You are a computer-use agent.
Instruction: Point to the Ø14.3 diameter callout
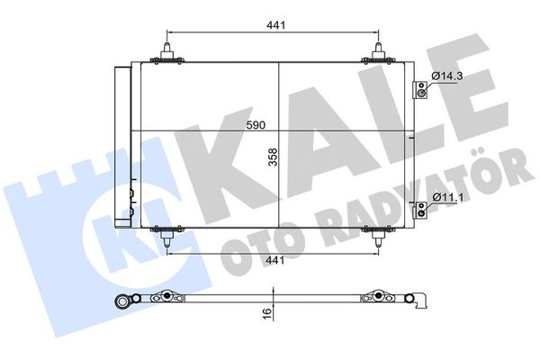point(447,76)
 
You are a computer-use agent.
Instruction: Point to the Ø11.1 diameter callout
point(447,196)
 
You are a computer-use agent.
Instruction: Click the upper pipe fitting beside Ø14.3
point(418,89)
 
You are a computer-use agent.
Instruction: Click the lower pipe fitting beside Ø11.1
point(418,211)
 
